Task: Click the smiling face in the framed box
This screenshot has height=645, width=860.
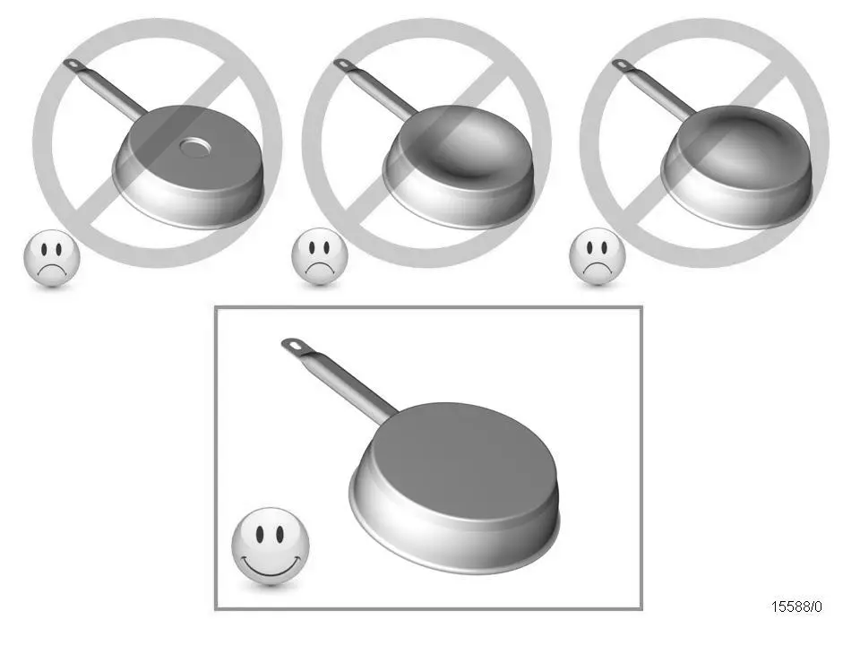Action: click(271, 546)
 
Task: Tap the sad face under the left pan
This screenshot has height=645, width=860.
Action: click(51, 259)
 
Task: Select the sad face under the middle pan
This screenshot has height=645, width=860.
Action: click(320, 259)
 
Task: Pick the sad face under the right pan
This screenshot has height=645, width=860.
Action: click(598, 259)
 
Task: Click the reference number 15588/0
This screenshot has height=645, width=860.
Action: click(796, 606)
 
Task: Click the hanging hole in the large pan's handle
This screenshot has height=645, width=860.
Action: click(293, 345)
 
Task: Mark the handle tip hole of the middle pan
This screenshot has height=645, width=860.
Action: click(342, 64)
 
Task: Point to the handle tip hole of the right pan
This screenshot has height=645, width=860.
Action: click(620, 64)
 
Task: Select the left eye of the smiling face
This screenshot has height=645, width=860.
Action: click(258, 535)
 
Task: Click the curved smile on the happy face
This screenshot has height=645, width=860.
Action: click(271, 568)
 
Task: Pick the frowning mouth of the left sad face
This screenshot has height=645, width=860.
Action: click(51, 271)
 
